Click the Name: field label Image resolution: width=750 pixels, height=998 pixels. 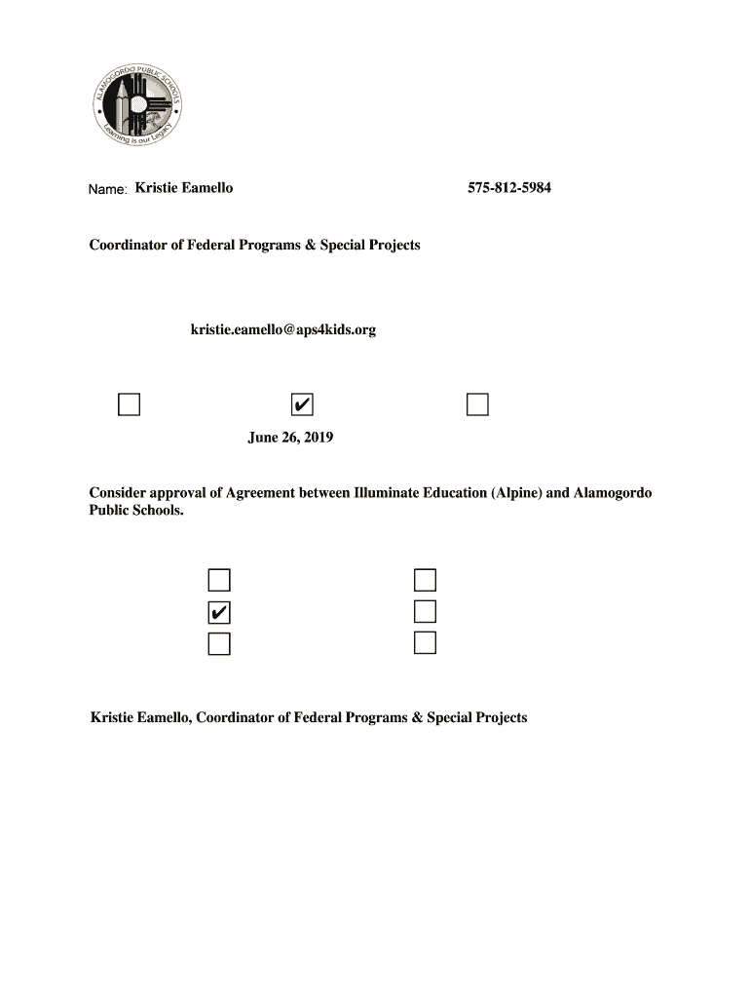107,189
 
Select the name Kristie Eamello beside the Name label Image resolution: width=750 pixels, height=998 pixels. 183,188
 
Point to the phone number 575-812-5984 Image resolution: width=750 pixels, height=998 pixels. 508,188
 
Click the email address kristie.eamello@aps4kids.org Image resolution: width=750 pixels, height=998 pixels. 282,330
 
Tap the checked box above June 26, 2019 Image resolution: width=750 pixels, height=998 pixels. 303,404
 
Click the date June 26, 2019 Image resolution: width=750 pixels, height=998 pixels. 290,438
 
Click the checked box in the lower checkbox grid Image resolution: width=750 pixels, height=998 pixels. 219,612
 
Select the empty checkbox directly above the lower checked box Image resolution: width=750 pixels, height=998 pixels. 219,581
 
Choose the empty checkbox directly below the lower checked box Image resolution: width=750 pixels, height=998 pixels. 219,643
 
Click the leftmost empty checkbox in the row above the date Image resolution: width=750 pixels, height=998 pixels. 129,404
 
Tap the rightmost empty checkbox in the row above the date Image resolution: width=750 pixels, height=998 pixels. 476,404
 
